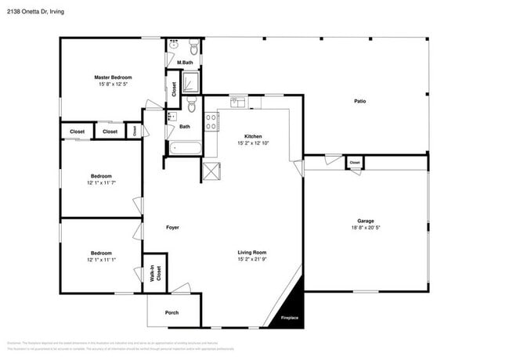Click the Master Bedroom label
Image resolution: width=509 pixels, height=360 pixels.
113,77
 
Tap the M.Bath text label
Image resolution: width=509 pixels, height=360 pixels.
185,63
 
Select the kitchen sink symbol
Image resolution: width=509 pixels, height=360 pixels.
238,102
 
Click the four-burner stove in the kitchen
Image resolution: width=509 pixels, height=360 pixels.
211,121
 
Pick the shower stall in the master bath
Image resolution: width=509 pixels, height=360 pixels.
191,82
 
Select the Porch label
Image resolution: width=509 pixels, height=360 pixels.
171,312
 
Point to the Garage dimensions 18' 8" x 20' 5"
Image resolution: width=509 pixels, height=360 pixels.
366,229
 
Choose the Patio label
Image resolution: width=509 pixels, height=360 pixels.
359,101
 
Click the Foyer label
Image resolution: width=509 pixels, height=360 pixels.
172,228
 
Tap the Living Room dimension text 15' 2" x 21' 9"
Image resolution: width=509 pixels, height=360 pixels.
252,260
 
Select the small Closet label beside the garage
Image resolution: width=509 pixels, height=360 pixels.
355,163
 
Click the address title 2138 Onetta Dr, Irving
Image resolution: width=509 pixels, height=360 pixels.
35,9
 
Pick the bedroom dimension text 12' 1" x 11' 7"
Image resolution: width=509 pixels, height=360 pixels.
101,182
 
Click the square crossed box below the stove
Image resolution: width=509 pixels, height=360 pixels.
211,171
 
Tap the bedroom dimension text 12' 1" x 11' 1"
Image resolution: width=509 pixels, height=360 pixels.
101,260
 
